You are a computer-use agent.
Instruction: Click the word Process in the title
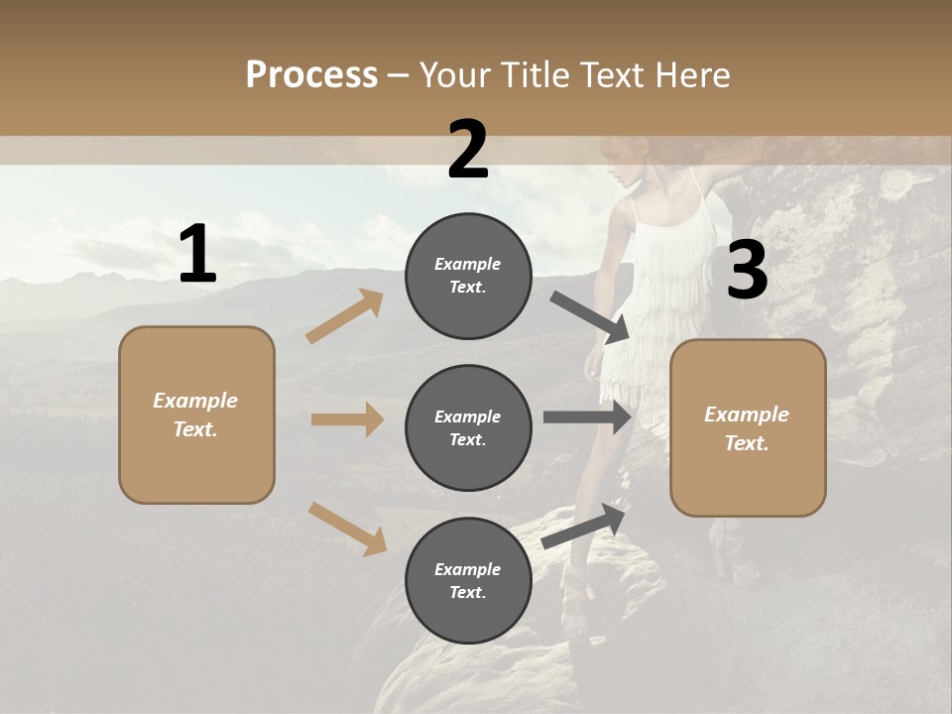(311, 74)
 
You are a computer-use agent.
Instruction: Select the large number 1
(197, 255)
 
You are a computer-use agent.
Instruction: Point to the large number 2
(468, 150)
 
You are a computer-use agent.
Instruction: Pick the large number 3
(747, 271)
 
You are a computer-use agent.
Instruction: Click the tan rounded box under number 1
(196, 415)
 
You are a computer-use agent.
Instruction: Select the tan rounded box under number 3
(748, 427)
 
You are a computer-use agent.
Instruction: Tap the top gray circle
(468, 276)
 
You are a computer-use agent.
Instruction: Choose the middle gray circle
(468, 427)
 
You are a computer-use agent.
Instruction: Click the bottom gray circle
(468, 580)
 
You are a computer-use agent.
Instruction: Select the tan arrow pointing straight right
(347, 419)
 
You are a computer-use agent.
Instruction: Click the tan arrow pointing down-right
(347, 529)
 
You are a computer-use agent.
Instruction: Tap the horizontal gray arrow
(587, 417)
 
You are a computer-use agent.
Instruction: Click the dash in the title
(399, 75)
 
